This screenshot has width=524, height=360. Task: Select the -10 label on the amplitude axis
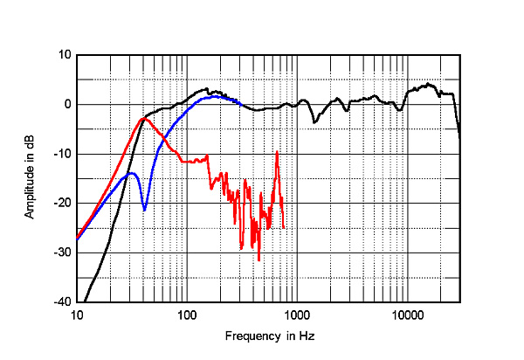(63, 154)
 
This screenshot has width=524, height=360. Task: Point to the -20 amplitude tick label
(63, 204)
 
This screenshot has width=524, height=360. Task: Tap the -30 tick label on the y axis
(63, 253)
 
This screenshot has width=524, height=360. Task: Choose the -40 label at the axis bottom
(63, 302)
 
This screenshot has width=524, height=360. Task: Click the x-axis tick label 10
(77, 315)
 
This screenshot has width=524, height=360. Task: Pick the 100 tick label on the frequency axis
(187, 315)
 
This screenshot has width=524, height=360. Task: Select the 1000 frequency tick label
(297, 315)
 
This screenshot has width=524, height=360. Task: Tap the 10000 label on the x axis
(407, 315)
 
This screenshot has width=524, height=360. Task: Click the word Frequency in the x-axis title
(250, 336)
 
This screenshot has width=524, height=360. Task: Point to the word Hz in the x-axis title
(307, 336)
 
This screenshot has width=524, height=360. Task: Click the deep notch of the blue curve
(144, 210)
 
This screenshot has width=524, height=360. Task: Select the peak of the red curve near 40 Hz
(144, 119)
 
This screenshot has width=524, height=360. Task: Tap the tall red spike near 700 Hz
(277, 152)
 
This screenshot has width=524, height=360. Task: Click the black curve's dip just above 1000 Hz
(314, 122)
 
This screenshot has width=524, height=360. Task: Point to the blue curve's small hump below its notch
(132, 173)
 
